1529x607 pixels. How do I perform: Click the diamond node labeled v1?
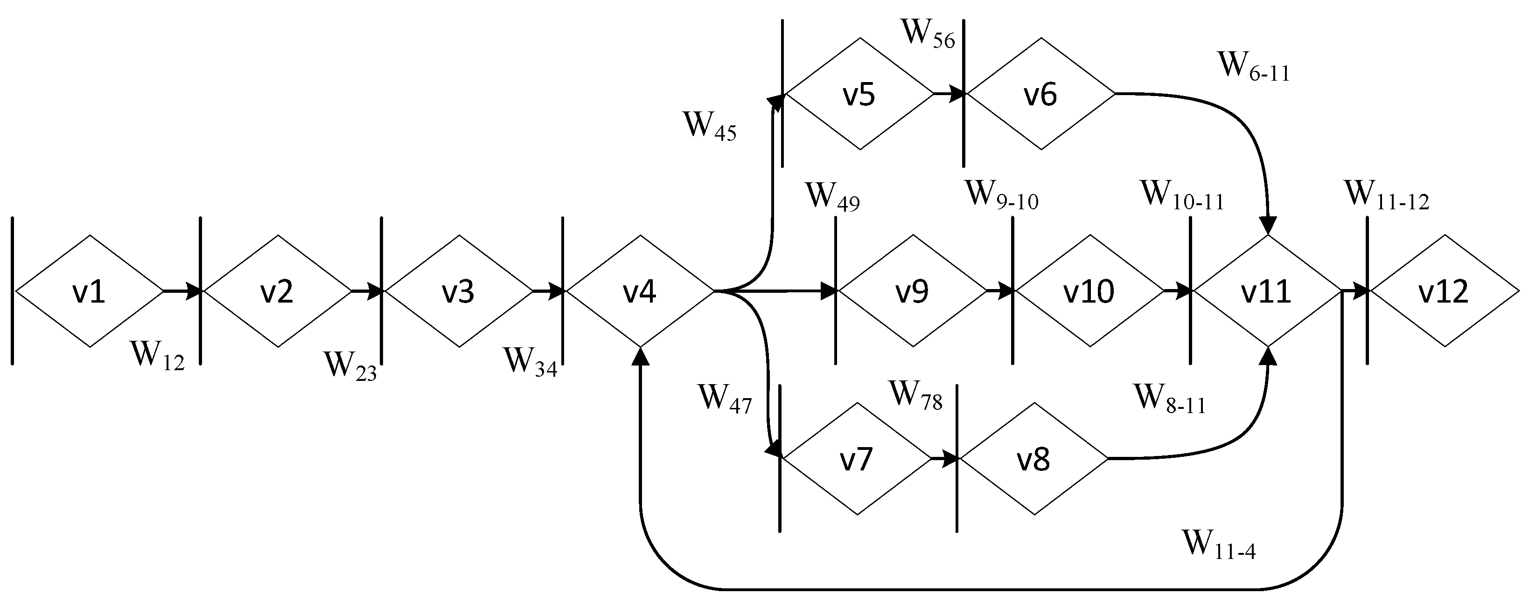coord(89,291)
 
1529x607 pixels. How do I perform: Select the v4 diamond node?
coord(639,291)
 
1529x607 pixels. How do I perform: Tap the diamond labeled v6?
coord(1040,94)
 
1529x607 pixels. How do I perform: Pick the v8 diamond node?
coord(1033,459)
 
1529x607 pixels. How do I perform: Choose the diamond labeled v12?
coord(1444,291)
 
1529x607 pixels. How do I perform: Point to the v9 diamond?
coord(912,291)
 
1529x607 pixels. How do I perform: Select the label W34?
coord(530,362)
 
